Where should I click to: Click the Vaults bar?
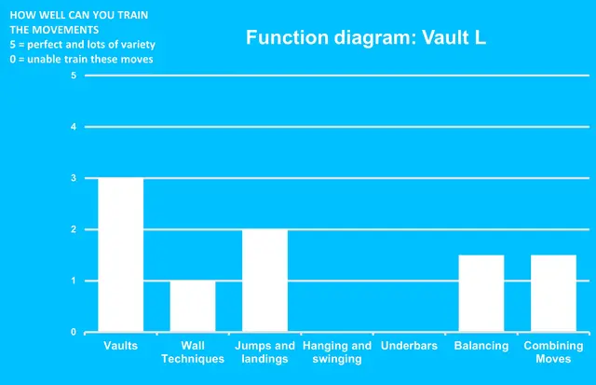[x=120, y=254]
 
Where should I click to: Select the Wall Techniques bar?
[x=193, y=306]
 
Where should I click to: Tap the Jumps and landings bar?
[x=264, y=281]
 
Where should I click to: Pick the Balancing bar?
[x=481, y=294]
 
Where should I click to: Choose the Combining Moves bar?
[x=553, y=294]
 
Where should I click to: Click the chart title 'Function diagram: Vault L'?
[x=366, y=38]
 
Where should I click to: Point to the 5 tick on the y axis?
[x=74, y=75]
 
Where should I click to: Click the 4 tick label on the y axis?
[x=74, y=126]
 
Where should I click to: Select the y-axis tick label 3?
[x=74, y=178]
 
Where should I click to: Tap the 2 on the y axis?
[x=74, y=229]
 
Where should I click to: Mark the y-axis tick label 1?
[x=74, y=281]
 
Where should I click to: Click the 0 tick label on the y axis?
[x=74, y=333]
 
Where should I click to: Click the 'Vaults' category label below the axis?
[x=120, y=346]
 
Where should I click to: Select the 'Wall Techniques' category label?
[x=193, y=352]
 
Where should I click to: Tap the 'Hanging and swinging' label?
[x=337, y=352]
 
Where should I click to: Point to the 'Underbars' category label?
[x=409, y=346]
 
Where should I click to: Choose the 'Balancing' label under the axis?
[x=481, y=346]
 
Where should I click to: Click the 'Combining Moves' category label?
[x=553, y=352]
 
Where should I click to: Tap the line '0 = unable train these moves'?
[x=80, y=60]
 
